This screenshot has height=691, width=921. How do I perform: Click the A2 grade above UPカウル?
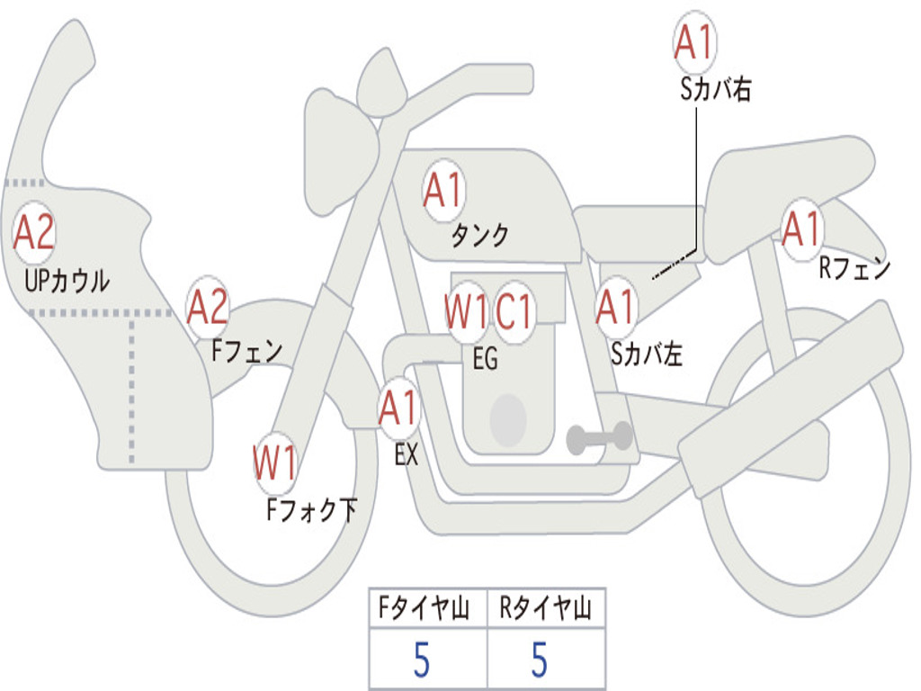[x=34, y=233]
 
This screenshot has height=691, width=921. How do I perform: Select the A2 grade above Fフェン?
[x=208, y=308]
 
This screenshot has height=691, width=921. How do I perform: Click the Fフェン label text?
[x=247, y=350]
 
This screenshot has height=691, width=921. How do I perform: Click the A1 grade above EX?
[x=399, y=408]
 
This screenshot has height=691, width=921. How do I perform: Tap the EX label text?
[x=407, y=455]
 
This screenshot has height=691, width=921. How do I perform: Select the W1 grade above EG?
[x=466, y=312]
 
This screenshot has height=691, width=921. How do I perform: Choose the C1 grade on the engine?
[x=515, y=312]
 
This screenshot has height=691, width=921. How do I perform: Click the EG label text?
[x=485, y=359]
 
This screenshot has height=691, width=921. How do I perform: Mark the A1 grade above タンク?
[x=443, y=190]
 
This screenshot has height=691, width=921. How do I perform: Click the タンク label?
[x=479, y=236]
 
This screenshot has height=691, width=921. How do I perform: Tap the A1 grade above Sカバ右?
[x=694, y=42]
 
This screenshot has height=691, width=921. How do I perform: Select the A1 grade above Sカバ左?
[x=617, y=307]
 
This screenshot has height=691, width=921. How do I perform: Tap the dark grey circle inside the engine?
[x=508, y=419]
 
